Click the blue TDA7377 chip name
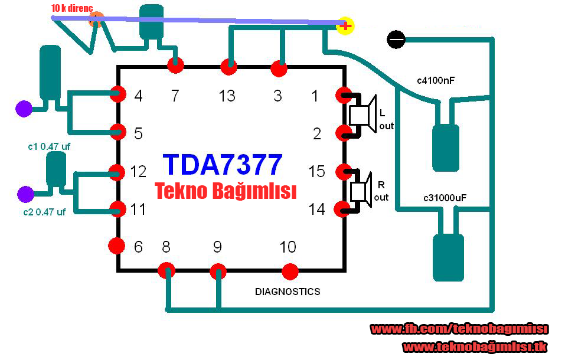point(223,165)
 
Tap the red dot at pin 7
point(175,66)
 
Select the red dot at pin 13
point(228,67)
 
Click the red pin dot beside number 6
point(117,246)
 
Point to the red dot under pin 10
point(290,271)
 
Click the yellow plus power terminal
point(345,25)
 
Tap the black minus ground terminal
point(396,40)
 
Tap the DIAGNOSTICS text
point(288,292)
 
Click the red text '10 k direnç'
point(73,8)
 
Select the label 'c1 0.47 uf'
point(49,146)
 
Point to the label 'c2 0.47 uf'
point(45,212)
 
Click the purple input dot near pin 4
point(24,109)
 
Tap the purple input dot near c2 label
point(25,194)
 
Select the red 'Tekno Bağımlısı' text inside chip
point(225,191)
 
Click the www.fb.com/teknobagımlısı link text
point(459,329)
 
